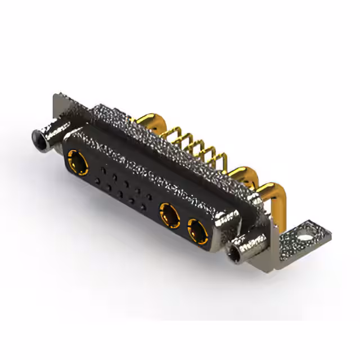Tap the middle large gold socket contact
tap(169, 214)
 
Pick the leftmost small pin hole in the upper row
tap(103, 168)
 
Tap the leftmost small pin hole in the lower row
tap(99, 181)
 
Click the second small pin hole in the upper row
tap(115, 174)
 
